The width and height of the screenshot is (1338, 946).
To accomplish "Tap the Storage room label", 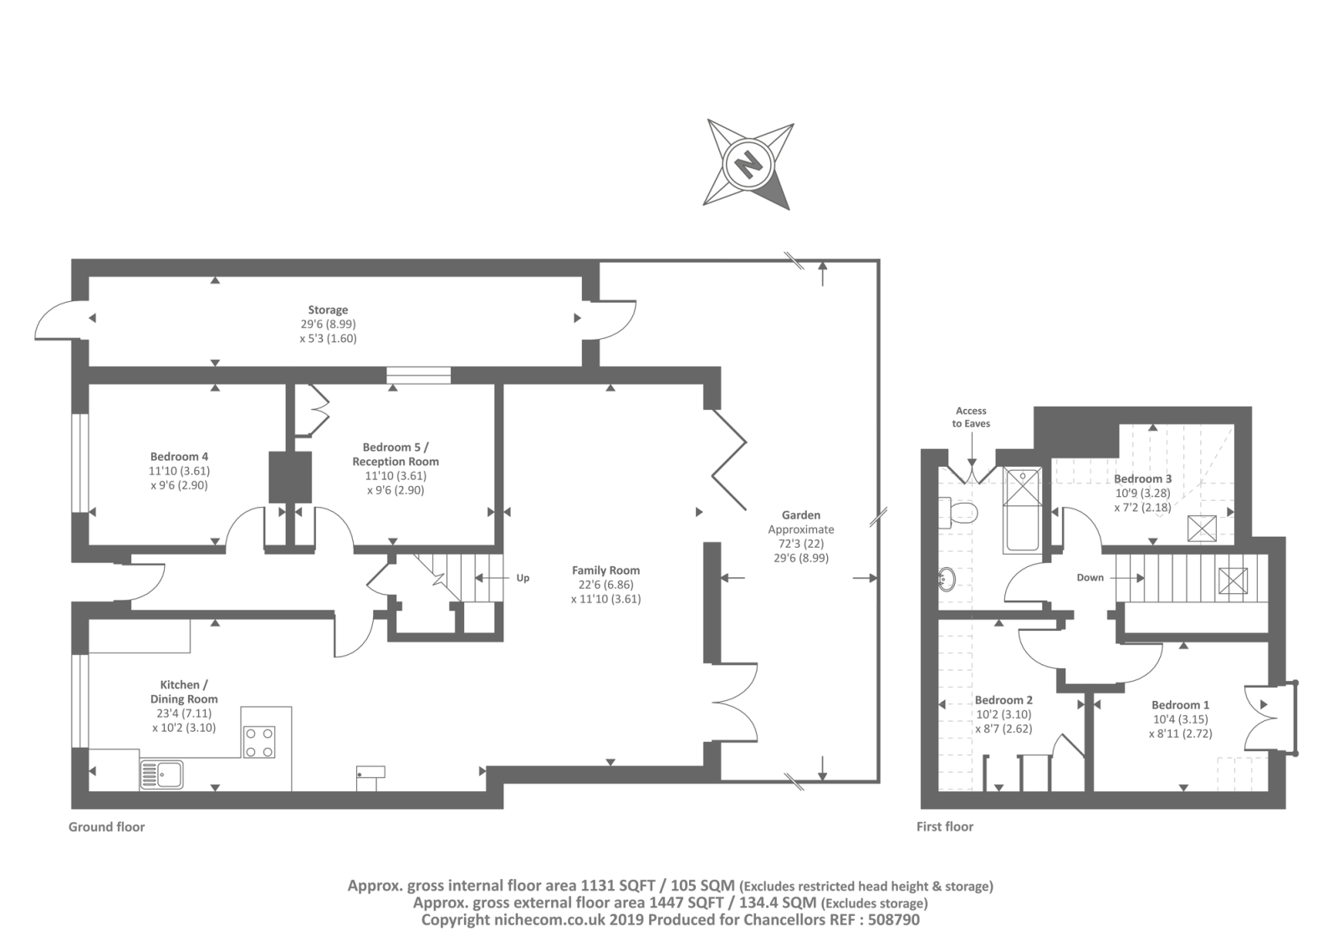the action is point(328,310).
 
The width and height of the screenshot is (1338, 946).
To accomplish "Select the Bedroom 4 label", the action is point(179,457).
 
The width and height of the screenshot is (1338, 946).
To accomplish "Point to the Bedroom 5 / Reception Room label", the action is point(396,454).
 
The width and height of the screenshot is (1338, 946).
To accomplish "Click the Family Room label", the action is point(605,570).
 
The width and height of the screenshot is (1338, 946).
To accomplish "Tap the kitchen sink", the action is point(161,774).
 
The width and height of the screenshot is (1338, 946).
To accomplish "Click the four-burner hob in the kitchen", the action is point(259,741).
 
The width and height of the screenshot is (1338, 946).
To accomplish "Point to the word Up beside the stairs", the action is point(523,578).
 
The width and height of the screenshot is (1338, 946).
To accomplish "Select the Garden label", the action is point(800,515).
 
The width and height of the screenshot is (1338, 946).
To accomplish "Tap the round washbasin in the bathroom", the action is point(948,579).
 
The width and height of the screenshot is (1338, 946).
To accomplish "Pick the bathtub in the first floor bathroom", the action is point(1022,510).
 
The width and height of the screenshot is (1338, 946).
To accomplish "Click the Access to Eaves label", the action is point(971,417).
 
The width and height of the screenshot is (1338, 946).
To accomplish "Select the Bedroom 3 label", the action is point(1142,479).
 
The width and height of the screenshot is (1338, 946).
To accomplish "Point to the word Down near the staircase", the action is point(1090,578).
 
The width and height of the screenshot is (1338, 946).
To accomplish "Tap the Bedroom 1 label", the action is point(1180,705).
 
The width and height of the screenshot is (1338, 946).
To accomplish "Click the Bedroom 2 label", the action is point(1004,700).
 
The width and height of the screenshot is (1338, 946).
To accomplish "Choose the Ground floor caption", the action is point(106,827).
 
